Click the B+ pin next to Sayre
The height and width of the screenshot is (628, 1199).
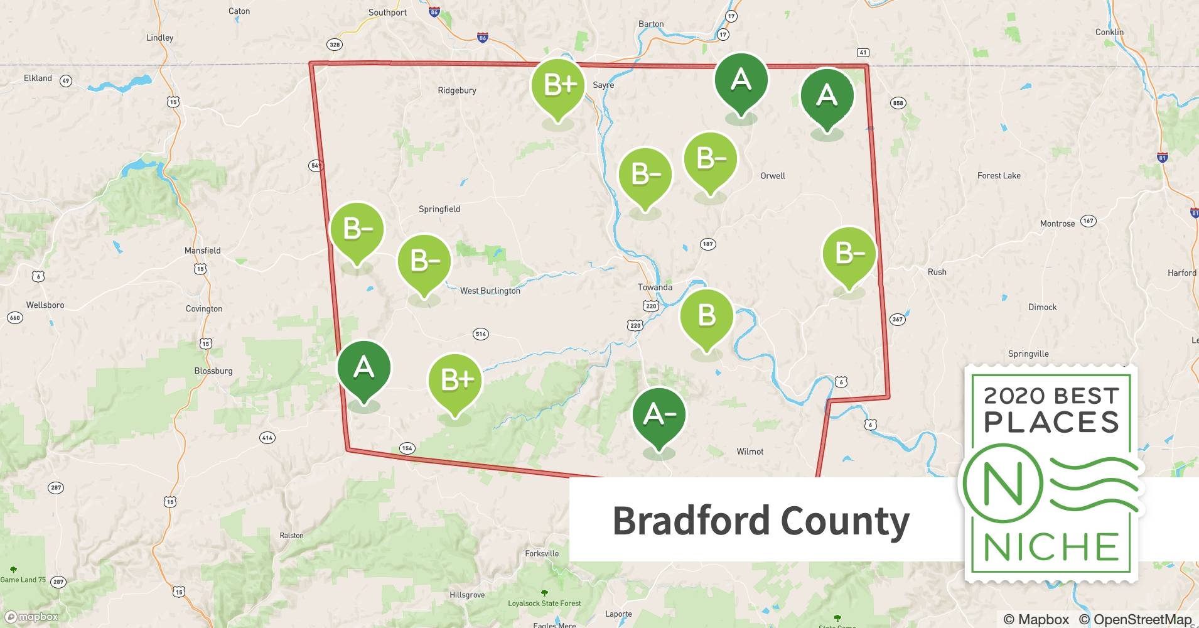(x=557, y=85)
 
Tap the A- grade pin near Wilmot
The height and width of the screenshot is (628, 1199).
(x=659, y=414)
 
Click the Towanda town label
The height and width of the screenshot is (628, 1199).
(x=655, y=287)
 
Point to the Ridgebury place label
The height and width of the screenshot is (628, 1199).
(x=456, y=90)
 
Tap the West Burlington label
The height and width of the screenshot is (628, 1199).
(x=490, y=291)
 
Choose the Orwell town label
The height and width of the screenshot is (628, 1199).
(x=772, y=176)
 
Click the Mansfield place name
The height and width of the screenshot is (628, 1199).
(x=202, y=251)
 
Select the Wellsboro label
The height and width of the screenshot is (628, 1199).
(x=45, y=305)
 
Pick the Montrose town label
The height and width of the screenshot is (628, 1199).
(x=1057, y=224)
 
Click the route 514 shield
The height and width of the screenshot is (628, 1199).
(x=481, y=334)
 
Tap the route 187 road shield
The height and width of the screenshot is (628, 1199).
(x=707, y=244)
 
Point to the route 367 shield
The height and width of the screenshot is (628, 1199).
(x=897, y=320)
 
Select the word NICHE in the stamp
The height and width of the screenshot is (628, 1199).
(x=1051, y=547)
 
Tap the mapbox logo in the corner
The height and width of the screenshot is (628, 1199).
(x=31, y=617)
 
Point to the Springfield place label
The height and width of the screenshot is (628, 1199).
(x=439, y=209)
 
